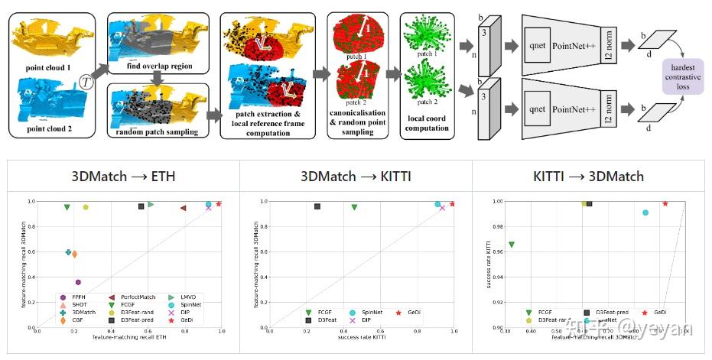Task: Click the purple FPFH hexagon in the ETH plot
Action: point(78,282)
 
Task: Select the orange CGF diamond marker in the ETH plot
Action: point(74,254)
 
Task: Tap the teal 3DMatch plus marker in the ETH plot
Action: point(69,251)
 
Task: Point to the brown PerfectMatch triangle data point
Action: point(184,207)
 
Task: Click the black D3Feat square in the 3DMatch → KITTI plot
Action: point(317,206)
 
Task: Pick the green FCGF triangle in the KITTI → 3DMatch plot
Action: point(512,245)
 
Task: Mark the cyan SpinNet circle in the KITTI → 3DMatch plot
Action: point(645,212)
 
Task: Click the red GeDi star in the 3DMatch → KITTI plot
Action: point(453,204)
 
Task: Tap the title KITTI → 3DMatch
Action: point(588,177)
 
